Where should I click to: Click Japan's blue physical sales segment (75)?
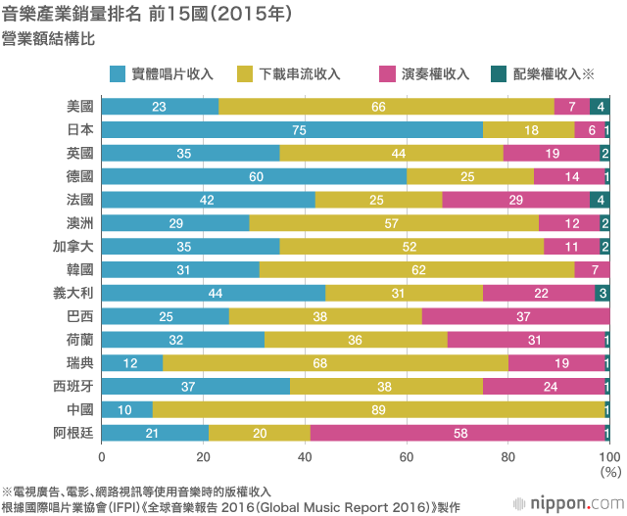coord(292,130)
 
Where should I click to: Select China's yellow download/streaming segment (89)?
coord(379,410)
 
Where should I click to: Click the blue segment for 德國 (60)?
coord(254,176)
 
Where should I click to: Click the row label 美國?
coord(79,107)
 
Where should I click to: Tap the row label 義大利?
coord(72,293)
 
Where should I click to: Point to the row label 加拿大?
coord(72,247)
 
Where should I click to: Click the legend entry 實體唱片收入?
coord(173,73)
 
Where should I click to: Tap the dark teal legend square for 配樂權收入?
coord(498,73)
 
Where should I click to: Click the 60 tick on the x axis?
coord(407,456)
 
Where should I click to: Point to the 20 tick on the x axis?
coord(203,456)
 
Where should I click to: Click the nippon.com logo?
coord(576,502)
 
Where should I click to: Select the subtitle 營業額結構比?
coord(49,40)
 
